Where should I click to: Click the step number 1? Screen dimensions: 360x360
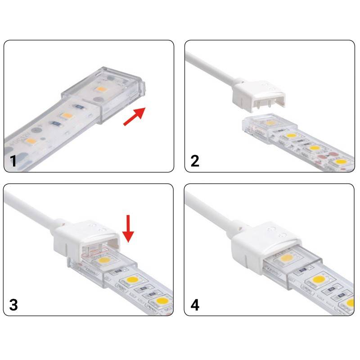pos(13,161)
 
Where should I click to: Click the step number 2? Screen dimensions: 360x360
pos(195,161)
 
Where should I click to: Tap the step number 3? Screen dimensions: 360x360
pos(13,305)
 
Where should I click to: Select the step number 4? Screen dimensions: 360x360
pos(195,305)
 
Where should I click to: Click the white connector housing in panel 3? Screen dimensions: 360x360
pos(85,238)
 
